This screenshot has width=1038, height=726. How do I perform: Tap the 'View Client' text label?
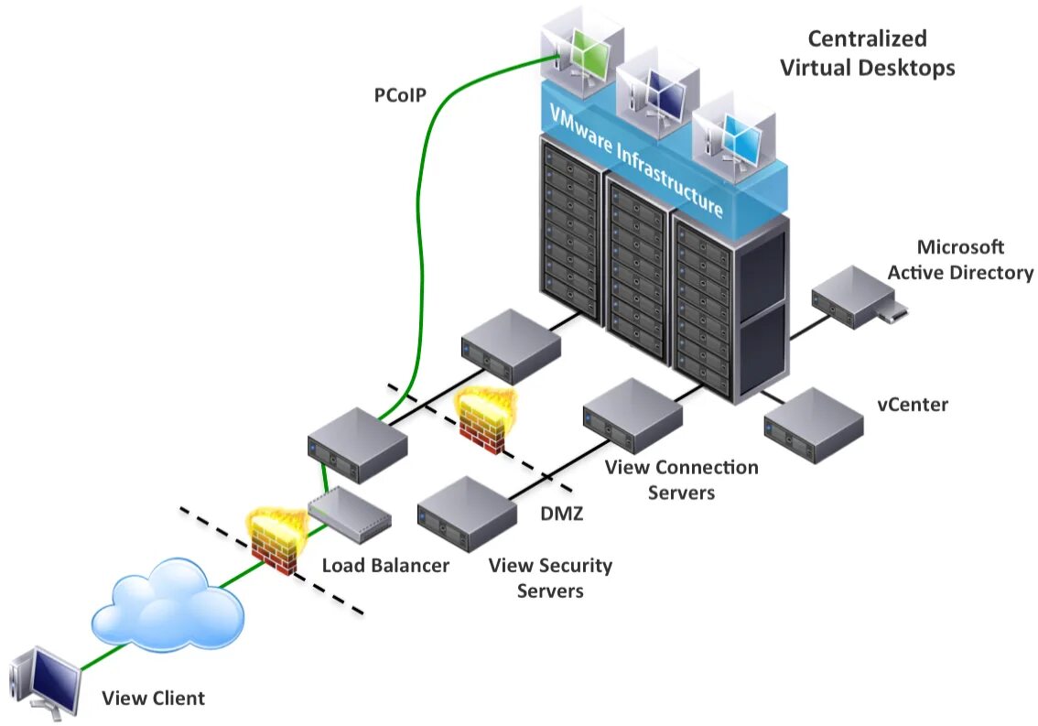153,699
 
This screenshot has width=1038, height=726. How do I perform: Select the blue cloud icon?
168,605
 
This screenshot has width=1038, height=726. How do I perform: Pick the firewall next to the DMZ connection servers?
484,420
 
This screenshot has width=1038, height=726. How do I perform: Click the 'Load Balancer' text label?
385,565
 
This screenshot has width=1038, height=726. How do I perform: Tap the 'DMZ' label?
561,514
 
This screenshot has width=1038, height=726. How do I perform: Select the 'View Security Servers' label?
550,578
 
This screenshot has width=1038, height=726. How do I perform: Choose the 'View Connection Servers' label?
681,480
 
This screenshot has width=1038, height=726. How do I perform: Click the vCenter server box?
814,426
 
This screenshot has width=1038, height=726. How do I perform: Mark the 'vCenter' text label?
913,405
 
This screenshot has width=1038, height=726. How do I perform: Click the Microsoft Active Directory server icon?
858,298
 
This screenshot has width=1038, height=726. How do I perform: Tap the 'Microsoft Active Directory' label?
960,260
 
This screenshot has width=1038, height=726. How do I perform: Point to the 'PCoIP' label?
400,95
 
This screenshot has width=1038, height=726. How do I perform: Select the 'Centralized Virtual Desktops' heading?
867,53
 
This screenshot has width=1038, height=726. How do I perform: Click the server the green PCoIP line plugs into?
358,444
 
